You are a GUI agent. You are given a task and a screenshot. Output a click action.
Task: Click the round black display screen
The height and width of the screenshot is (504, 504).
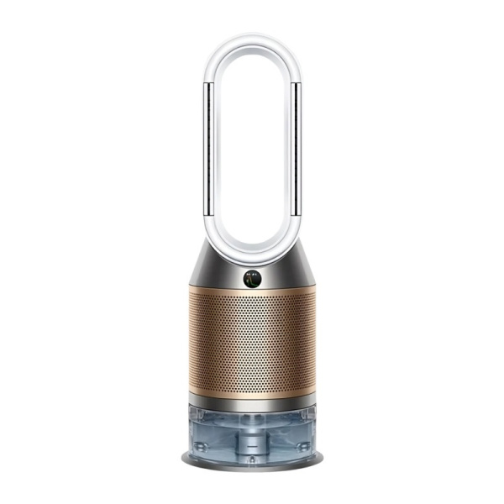pyautogui.click(x=250, y=276)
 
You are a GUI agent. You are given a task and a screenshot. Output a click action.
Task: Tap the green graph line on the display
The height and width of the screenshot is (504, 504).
pyautogui.click(x=250, y=278)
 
